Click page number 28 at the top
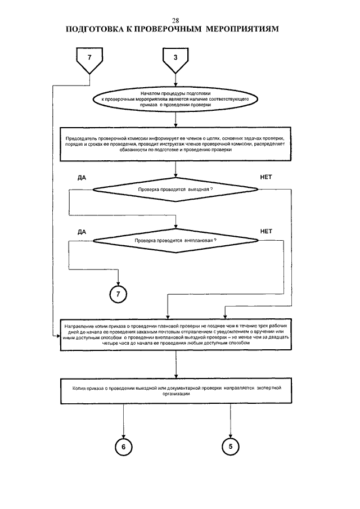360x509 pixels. [175, 21]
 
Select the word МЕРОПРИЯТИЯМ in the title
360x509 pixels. [242, 29]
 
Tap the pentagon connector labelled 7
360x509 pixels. [89, 61]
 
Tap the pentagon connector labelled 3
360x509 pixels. [175, 61]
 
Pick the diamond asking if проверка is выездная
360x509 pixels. [175, 189]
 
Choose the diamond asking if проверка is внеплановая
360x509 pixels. [175, 241]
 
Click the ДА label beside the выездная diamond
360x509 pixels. [82, 178]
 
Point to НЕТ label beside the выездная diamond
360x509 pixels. [266, 177]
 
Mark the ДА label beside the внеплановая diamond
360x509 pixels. [82, 232]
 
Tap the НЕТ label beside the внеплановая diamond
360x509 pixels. [266, 232]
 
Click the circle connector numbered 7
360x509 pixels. [118, 294]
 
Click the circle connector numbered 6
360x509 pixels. [123, 447]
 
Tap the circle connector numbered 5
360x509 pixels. [231, 447]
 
